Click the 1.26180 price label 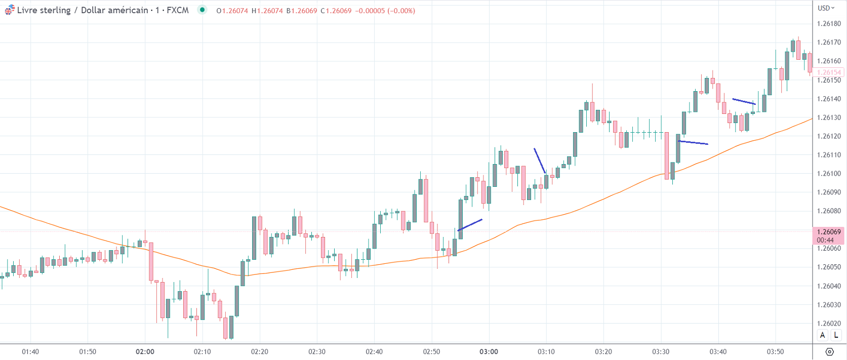click(829, 24)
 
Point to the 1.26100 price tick click(829, 174)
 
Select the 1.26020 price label click(829, 324)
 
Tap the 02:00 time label click(145, 352)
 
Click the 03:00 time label click(489, 352)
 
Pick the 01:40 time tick click(30, 352)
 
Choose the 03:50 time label click(775, 352)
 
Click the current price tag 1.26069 click(829, 232)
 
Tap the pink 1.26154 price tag click(829, 72)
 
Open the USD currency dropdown click(826, 8)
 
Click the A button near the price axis click(823, 335)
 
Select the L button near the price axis click(836, 335)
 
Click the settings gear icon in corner click(829, 352)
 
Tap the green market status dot click(203, 10)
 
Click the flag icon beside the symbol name click(10, 10)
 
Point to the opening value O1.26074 click(232, 11)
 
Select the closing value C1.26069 click(336, 11)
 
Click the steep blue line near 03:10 click(540, 161)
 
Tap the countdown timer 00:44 click(825, 240)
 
